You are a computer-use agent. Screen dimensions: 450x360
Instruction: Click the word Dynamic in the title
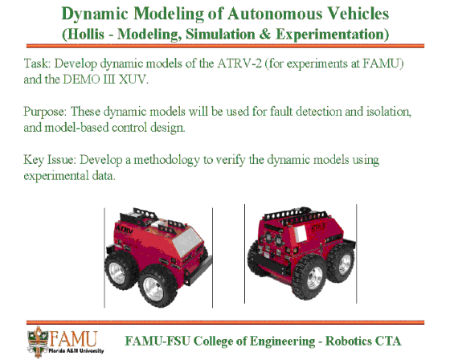click(x=95, y=14)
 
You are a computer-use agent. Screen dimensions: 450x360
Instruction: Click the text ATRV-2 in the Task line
click(x=239, y=63)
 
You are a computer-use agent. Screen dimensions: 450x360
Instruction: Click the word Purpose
click(x=45, y=112)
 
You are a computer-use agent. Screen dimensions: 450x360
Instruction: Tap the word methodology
click(x=167, y=160)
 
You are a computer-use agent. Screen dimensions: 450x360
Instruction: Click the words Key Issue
click(x=50, y=160)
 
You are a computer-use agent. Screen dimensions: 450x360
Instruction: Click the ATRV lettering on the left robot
click(x=124, y=229)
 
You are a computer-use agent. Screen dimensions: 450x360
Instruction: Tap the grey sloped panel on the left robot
click(x=187, y=240)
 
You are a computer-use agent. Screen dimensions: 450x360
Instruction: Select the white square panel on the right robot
click(x=300, y=233)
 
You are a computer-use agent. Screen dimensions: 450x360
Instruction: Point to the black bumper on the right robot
click(x=269, y=263)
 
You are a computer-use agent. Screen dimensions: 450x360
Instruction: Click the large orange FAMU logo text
click(x=73, y=339)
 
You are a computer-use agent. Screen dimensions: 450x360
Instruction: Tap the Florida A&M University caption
click(x=76, y=351)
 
